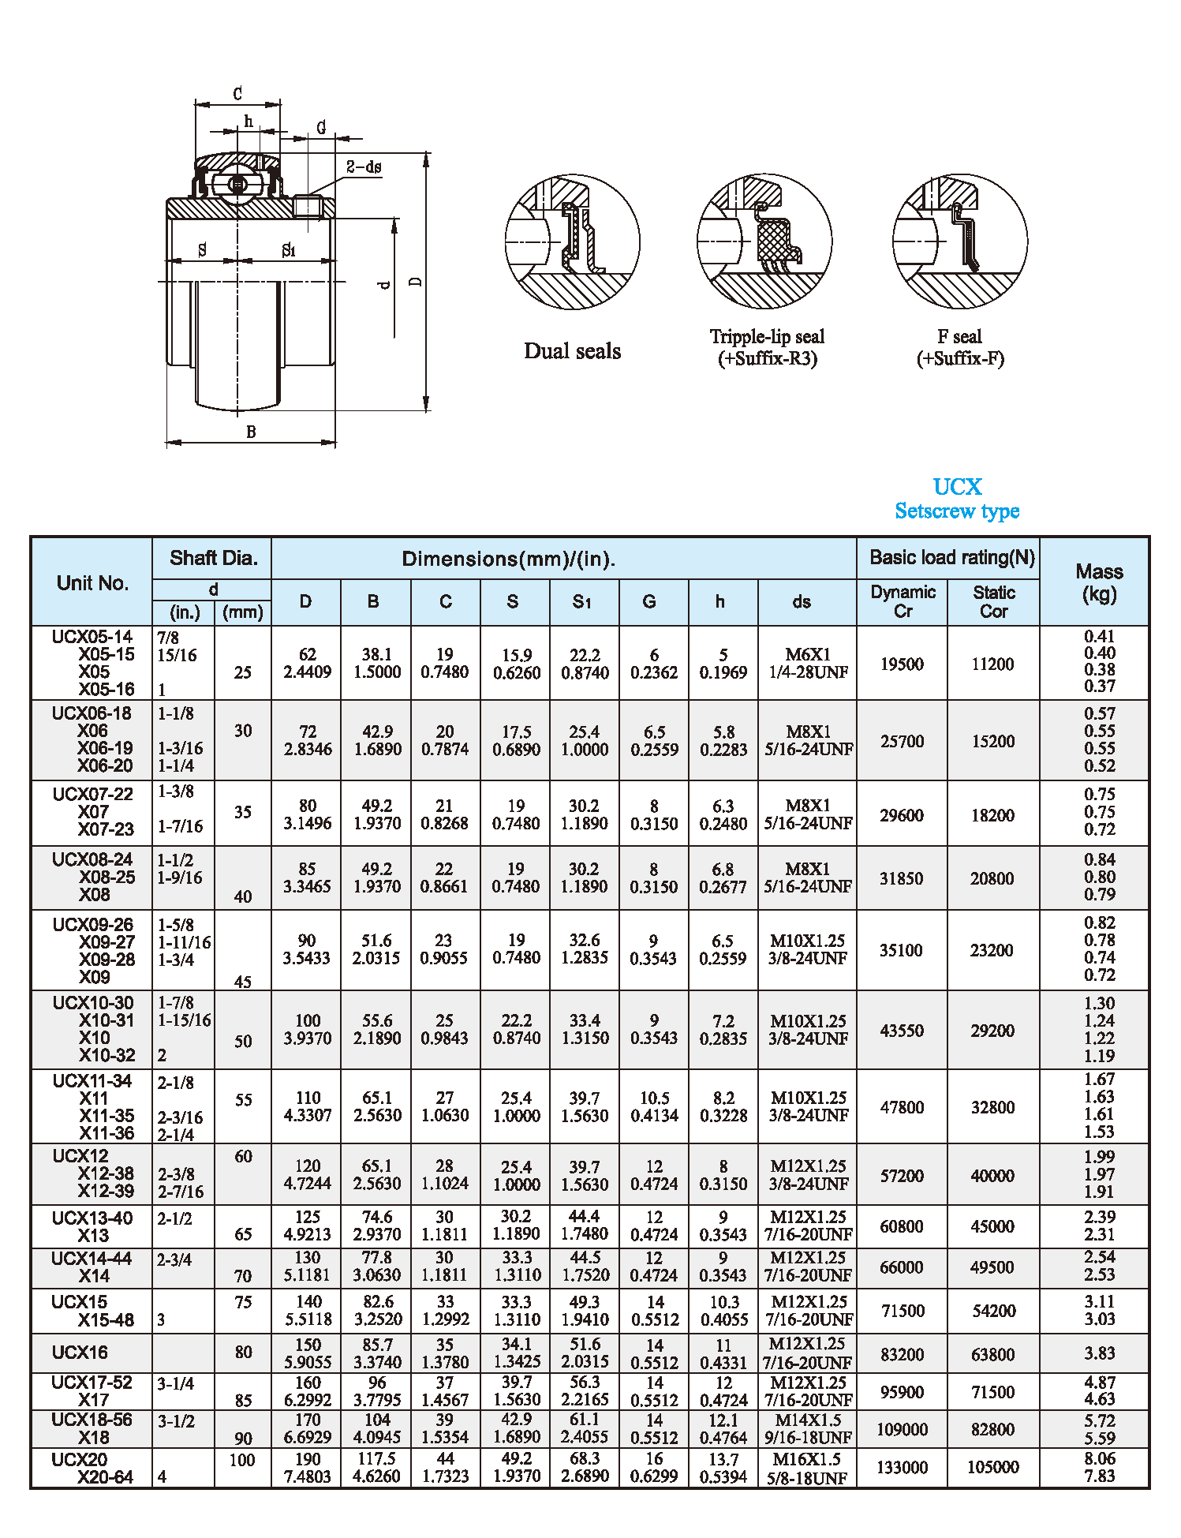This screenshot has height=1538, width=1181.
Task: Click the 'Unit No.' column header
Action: pyautogui.click(x=92, y=583)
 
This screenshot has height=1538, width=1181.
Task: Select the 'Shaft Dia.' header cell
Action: pyautogui.click(x=213, y=558)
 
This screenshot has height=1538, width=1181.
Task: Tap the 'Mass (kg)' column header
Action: pyautogui.click(x=1098, y=582)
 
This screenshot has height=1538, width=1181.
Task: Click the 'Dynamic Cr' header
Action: pyautogui.click(x=903, y=601)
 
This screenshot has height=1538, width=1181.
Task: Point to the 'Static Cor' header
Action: pyautogui.click(x=993, y=601)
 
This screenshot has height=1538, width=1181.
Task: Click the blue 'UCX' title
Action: pyautogui.click(x=957, y=487)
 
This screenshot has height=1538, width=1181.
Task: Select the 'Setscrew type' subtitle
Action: pyautogui.click(x=957, y=511)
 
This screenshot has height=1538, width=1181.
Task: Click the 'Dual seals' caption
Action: pyautogui.click(x=572, y=351)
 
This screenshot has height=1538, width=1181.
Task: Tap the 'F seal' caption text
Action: pyautogui.click(x=959, y=337)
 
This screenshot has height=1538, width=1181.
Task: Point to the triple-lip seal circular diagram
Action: pyautogui.click(x=764, y=241)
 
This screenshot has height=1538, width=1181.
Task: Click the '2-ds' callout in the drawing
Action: pyautogui.click(x=364, y=167)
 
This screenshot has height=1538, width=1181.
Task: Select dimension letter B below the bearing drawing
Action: pyautogui.click(x=251, y=432)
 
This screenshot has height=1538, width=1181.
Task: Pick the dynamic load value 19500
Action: pyautogui.click(x=902, y=664)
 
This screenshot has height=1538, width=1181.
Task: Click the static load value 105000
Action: pyautogui.click(x=993, y=1467)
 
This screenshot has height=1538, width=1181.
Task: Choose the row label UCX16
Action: pyautogui.click(x=80, y=1353)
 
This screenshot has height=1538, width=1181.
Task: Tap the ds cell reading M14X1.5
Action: pyautogui.click(x=807, y=1420)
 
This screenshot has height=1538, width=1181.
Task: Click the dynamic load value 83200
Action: pyautogui.click(x=903, y=1354)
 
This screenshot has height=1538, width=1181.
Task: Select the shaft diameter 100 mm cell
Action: pyautogui.click(x=242, y=1460)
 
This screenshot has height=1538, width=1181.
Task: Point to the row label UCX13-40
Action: pyautogui.click(x=92, y=1218)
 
